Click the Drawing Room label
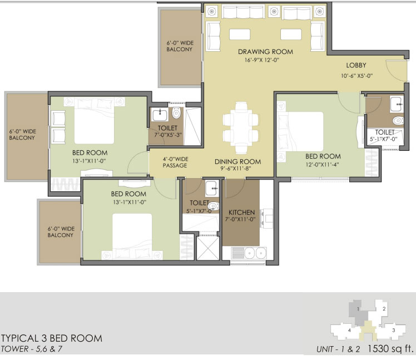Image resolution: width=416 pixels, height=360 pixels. (265, 52)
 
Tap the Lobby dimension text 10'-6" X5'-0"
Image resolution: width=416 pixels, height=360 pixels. (356, 76)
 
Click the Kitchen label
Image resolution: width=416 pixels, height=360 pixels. (241, 213)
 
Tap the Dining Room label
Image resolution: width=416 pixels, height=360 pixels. (237, 161)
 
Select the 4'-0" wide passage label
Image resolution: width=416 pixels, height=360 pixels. (175, 162)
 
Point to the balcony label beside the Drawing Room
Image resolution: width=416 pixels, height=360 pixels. (180, 46)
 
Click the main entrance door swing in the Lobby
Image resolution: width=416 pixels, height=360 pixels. (396, 70)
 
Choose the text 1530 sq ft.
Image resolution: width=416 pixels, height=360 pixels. (390, 348)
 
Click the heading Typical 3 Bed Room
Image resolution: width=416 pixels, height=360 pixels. (52, 338)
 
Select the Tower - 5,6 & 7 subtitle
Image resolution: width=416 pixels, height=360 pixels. (31, 348)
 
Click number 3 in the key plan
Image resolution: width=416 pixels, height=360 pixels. (394, 331)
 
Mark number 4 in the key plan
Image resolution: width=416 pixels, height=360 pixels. (349, 331)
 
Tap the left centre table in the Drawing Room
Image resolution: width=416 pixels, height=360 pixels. (240, 34)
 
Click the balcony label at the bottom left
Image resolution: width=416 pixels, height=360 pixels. (61, 232)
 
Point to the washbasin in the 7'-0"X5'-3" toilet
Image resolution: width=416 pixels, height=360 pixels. (160, 115)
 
